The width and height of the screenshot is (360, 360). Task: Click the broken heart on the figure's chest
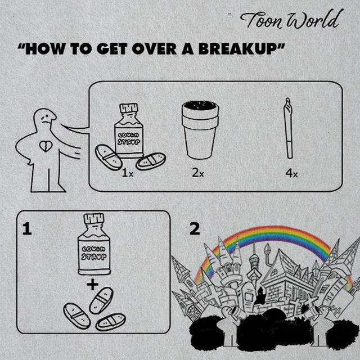click(x=46, y=146)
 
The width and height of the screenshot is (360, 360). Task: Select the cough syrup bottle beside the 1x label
click(x=129, y=131)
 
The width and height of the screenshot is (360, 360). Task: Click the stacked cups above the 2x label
click(x=200, y=130)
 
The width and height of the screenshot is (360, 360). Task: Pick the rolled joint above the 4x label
click(x=289, y=128)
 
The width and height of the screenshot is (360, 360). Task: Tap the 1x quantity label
click(x=128, y=173)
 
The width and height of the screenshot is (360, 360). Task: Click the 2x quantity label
click(x=198, y=173)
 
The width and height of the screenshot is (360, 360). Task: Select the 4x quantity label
click(x=291, y=173)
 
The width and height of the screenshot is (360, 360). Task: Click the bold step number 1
click(x=27, y=229)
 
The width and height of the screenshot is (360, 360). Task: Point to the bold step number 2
click(x=195, y=229)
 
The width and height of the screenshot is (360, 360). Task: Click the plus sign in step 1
click(x=93, y=285)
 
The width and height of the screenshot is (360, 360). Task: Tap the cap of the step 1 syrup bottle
click(x=94, y=219)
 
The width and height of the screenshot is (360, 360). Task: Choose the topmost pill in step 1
click(x=101, y=300)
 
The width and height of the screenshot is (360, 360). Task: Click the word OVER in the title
click(x=154, y=49)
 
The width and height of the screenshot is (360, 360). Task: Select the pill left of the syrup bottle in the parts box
click(x=109, y=157)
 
